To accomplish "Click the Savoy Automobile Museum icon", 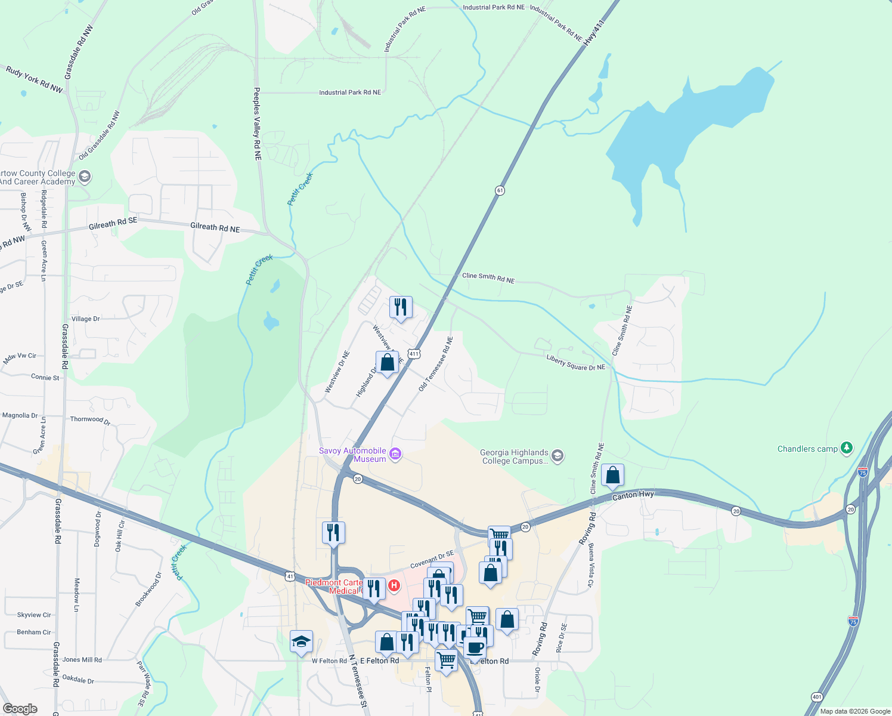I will click(395, 455).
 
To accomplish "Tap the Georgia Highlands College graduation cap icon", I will click(557, 456).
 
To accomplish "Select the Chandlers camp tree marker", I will click(846, 448).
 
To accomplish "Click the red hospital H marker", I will click(394, 586).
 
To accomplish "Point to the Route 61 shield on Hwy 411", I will click(500, 190).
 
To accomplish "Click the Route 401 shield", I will click(816, 696).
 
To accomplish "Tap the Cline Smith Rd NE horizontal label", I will click(488, 278).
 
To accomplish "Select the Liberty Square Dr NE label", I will click(575, 363).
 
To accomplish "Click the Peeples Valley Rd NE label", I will click(257, 124).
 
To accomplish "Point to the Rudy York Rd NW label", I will click(34, 79).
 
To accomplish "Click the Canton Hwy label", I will click(633, 495).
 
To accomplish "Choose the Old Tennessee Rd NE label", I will click(435, 364).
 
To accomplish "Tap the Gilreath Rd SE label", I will click(113, 224).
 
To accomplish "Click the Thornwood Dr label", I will click(90, 420).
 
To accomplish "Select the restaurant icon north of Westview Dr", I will click(401, 307).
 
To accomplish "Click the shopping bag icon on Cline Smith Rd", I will click(612, 476).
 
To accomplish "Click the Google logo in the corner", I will click(20, 708).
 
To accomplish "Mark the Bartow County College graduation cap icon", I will click(84, 177).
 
